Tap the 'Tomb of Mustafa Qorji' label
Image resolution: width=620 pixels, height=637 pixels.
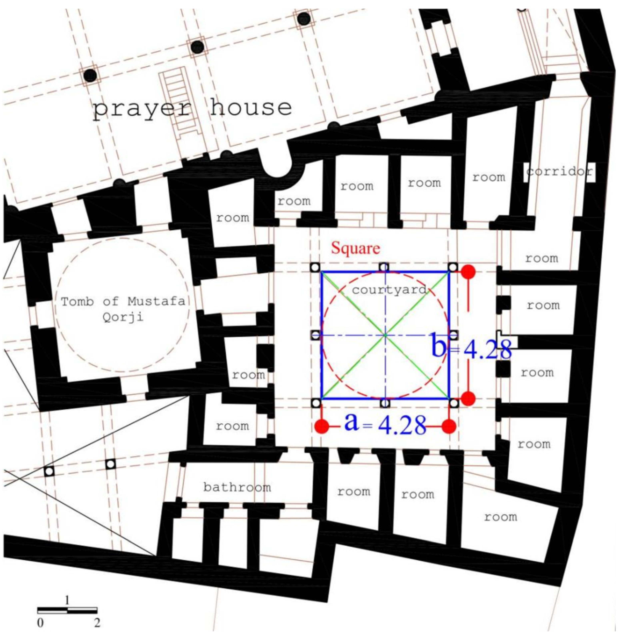(123, 309)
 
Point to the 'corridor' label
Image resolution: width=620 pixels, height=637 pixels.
(559, 171)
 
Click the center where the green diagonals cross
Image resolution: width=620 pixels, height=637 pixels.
(386, 335)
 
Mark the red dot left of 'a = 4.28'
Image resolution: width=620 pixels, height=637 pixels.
(322, 426)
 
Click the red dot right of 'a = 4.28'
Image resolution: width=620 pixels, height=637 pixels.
(449, 426)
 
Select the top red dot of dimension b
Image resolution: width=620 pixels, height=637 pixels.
(469, 272)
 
